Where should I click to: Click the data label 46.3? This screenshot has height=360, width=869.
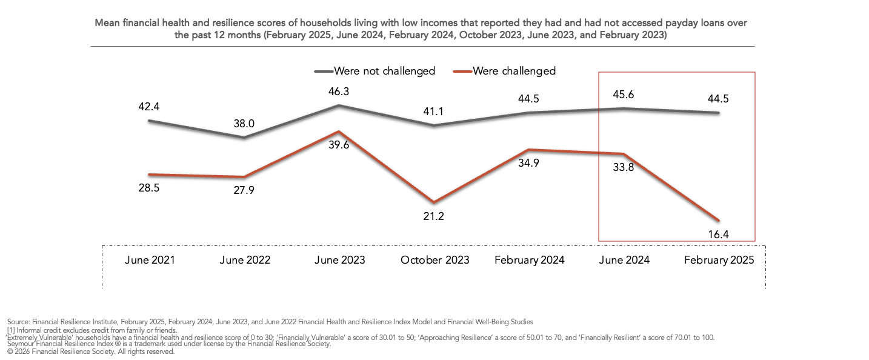tap(339, 92)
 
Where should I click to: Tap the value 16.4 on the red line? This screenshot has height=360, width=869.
tap(718, 235)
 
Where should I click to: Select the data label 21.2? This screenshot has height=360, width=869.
tap(433, 216)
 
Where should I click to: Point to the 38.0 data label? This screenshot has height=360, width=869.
tap(244, 124)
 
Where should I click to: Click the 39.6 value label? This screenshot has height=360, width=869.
tap(339, 145)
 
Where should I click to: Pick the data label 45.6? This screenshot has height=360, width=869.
tap(624, 95)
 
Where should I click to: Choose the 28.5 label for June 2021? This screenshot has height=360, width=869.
tap(149, 188)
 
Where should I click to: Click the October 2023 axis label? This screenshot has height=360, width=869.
tap(435, 260)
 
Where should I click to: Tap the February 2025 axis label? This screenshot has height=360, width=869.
tap(719, 260)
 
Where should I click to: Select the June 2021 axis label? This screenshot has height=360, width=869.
tap(150, 260)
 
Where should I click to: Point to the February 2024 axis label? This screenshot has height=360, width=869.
tap(529, 260)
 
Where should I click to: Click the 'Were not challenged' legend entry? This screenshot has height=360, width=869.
tap(375, 71)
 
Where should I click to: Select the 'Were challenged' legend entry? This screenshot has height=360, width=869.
tap(504, 71)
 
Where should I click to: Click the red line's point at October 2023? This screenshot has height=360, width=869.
tap(433, 202)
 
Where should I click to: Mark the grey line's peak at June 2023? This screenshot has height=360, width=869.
tap(339, 105)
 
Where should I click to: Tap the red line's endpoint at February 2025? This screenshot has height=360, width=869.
tap(719, 221)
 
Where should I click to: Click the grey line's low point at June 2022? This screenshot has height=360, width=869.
tap(244, 138)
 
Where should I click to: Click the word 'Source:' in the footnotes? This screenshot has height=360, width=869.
tap(19, 322)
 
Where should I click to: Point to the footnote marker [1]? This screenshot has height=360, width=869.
tap(11, 330)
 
